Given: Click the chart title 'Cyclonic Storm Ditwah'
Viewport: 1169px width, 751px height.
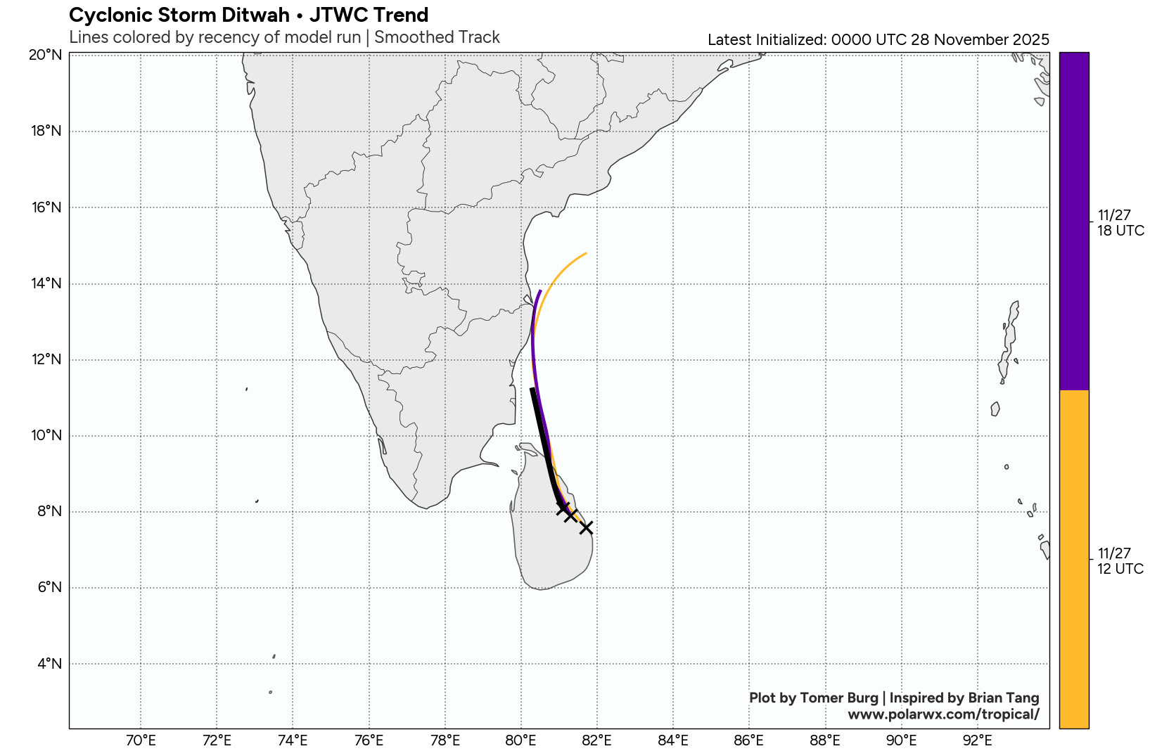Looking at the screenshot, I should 179,15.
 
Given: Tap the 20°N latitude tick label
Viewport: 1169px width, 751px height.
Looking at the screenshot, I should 46,55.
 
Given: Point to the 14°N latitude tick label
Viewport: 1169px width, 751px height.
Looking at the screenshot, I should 46,283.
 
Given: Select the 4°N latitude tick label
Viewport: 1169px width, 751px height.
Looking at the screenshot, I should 49,664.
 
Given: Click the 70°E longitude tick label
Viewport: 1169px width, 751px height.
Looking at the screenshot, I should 141,740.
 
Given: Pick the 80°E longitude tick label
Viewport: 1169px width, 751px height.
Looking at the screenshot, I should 521,740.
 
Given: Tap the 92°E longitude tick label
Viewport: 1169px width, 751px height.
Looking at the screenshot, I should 977,740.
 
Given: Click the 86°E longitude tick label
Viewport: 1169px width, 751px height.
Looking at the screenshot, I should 748,740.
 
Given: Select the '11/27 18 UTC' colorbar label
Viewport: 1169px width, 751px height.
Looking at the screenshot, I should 1120,223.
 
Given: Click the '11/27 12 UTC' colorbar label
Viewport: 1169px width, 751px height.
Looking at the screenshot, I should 1120,561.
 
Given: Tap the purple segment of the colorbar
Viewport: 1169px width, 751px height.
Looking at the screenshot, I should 1074,221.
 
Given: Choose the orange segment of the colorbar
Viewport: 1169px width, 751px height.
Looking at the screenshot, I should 1074,559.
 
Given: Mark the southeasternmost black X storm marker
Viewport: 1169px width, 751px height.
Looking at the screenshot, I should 586,527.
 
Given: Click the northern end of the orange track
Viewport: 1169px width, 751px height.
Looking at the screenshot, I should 586,253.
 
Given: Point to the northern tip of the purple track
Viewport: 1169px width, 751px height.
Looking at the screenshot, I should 540,290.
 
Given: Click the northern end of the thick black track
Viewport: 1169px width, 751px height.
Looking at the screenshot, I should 532,389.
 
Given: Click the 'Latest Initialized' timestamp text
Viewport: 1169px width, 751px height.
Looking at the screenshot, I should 878,40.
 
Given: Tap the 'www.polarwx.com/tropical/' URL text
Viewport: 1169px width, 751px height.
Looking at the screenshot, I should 943,714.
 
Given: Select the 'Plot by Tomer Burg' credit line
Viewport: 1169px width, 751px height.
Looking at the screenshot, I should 813,698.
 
